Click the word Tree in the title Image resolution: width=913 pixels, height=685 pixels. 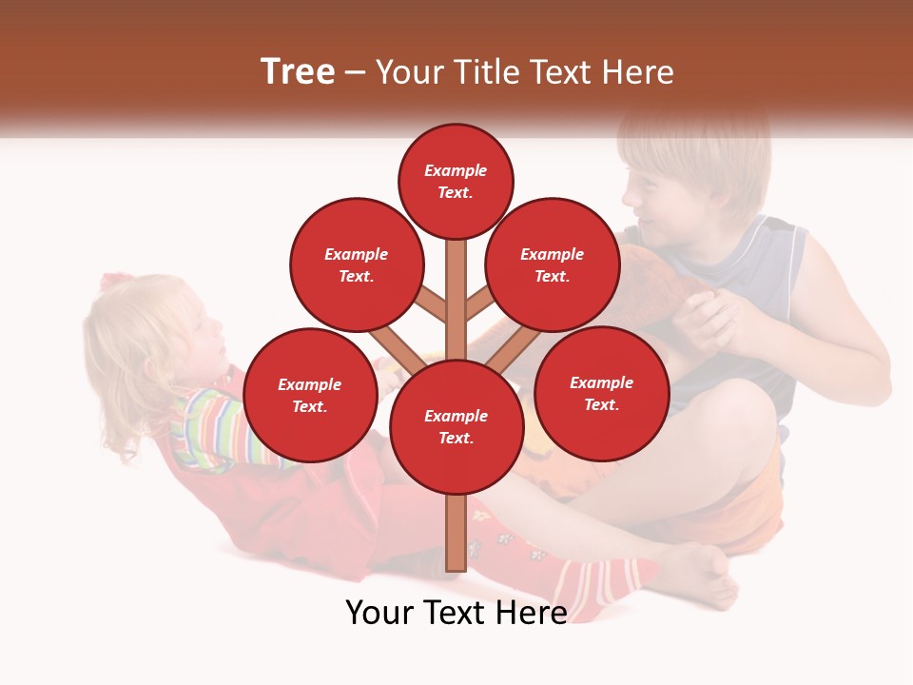298,71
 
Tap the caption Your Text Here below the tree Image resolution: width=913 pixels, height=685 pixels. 456,613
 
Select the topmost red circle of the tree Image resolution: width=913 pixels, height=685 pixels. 456,181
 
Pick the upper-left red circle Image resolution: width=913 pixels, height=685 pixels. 356,264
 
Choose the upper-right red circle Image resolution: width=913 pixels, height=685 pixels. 552,264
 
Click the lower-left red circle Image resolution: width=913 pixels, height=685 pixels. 310,395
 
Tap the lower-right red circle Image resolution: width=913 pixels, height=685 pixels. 601,393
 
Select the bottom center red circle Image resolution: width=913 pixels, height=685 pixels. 456,426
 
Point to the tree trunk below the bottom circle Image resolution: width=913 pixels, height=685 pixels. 456,533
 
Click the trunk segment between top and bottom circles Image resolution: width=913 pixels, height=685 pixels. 456,300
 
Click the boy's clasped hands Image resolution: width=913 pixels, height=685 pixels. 713,319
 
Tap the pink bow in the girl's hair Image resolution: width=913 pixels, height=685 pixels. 117,282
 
